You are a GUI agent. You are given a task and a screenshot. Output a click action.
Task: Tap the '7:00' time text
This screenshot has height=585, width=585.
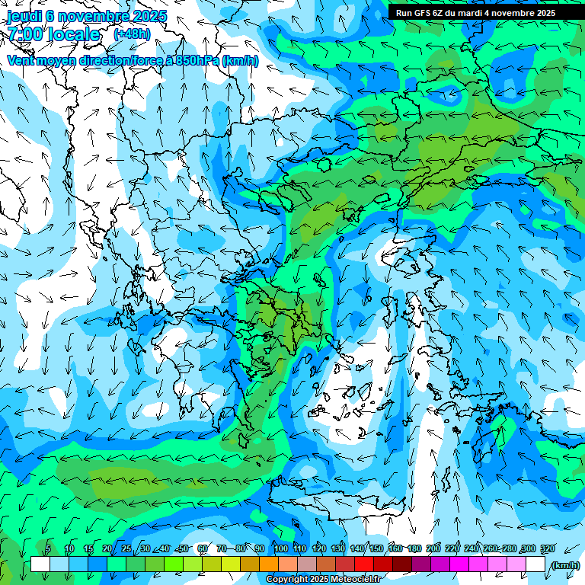coord(25,34)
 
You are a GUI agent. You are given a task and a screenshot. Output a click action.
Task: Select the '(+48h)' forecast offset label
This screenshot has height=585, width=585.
coord(132,34)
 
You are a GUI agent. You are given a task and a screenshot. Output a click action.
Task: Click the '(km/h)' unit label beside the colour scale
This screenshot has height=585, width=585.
coord(564,565)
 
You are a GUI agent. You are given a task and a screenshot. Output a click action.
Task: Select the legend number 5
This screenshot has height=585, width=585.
coord(48,549)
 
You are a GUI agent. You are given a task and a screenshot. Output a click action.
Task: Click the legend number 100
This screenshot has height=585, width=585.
coord(281,549)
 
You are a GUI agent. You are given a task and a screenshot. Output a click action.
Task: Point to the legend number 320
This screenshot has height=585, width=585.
coord(547,549)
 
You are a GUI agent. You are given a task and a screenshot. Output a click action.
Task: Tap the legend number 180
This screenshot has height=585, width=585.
coord(414,549)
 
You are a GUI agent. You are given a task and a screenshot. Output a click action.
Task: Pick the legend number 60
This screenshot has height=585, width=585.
coord(203,549)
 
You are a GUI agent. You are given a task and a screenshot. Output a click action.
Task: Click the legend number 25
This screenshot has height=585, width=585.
coord(126,549)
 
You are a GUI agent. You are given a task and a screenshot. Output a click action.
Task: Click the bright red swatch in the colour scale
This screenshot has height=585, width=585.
coord(364,564)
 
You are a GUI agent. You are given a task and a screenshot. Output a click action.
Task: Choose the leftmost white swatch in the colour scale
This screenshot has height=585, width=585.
coord(40,564)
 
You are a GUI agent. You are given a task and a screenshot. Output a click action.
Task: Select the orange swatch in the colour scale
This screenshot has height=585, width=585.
coord(269,564)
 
